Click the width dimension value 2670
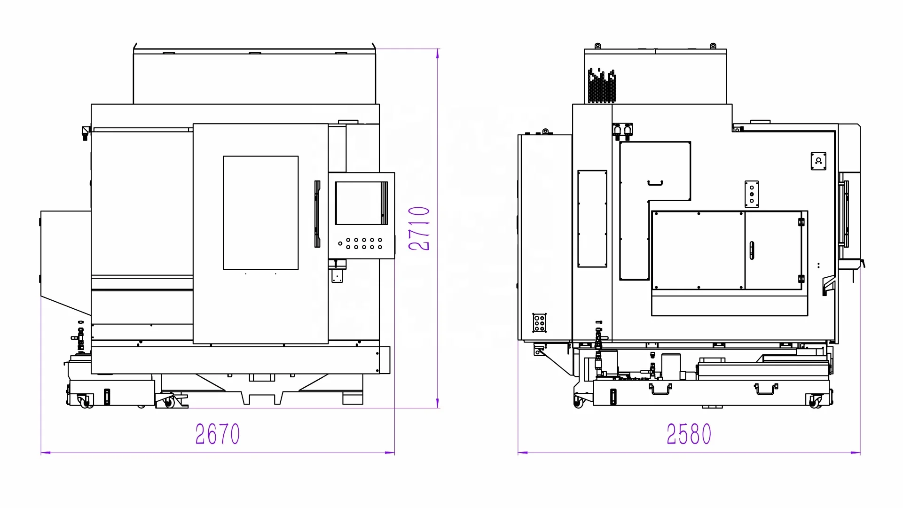pyautogui.click(x=218, y=434)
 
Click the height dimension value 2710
pyautogui.click(x=419, y=228)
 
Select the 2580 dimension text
pyautogui.click(x=689, y=434)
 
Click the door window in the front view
pyautogui.click(x=260, y=213)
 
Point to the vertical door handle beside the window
pyautogui.click(x=317, y=214)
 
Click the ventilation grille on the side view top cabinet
pyautogui.click(x=602, y=86)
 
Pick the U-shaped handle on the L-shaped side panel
pyautogui.click(x=655, y=183)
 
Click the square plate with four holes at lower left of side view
pyautogui.click(x=539, y=323)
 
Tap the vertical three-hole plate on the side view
pyautogui.click(x=752, y=194)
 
